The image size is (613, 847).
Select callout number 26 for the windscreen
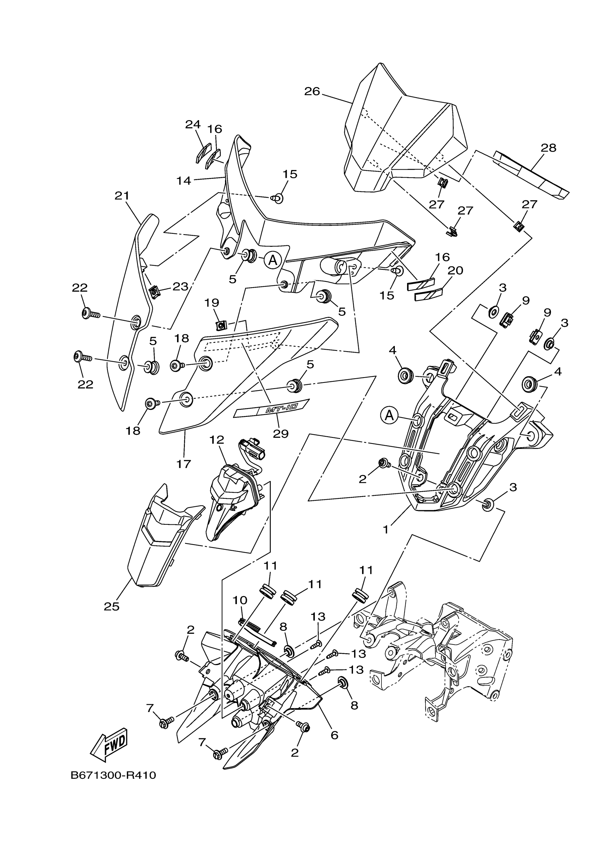312,92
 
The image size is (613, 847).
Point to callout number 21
122,196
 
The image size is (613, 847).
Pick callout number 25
111,606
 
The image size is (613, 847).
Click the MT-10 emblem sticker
272,408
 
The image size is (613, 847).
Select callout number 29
281,433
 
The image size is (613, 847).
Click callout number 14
184,181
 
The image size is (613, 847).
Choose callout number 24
193,125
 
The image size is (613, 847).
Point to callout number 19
212,302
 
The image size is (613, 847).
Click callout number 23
180,287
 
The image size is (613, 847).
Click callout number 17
184,464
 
